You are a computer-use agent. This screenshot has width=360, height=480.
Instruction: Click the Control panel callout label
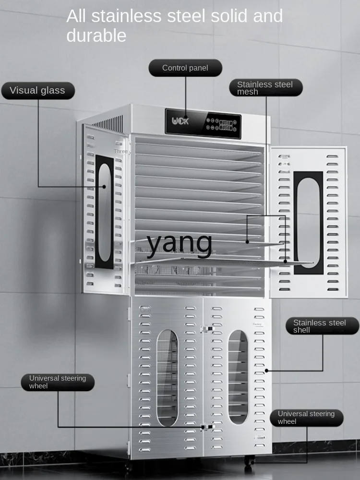point(185,68)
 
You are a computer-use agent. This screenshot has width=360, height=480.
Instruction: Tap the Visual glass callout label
point(37,90)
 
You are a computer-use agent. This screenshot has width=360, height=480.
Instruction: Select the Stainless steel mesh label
point(264,87)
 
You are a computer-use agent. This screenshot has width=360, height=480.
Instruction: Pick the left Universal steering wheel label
point(58,382)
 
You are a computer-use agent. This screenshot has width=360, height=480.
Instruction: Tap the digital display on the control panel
point(227,125)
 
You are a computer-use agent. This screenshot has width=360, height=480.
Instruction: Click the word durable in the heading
point(96,36)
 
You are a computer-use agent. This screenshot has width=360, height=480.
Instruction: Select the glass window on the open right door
point(308,222)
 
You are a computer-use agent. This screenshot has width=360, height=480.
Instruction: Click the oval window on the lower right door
point(238,377)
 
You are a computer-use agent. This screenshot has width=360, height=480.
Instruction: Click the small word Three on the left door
point(121,151)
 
